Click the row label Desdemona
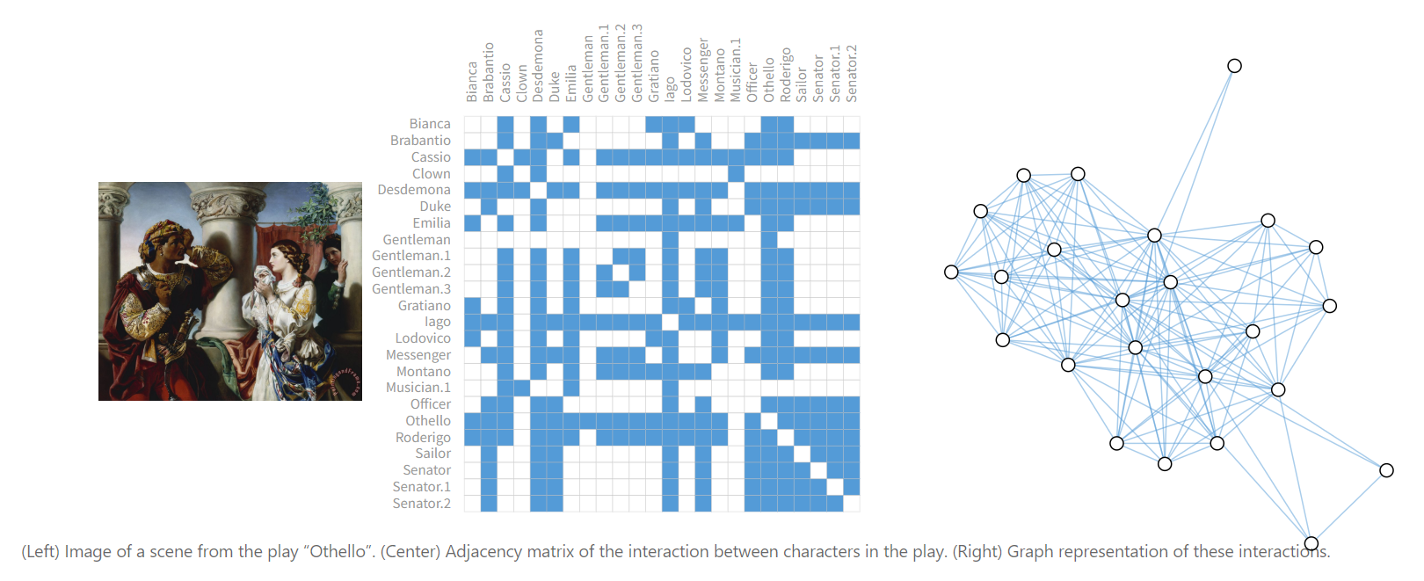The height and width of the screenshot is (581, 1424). tap(414, 190)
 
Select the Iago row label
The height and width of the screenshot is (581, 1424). tap(438, 322)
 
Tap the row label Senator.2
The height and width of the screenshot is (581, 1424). tap(421, 503)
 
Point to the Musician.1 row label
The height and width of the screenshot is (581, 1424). tap(418, 387)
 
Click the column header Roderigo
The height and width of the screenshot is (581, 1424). tap(786, 75)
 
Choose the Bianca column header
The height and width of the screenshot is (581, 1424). tap(471, 82)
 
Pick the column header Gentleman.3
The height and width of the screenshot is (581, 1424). tap(637, 63)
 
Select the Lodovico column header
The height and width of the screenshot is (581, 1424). tap(687, 75)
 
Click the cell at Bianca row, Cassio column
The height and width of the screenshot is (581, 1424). tap(505, 123)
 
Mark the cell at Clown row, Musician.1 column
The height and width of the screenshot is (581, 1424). tap(736, 173)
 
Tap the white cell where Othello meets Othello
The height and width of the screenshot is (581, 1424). tap(769, 421)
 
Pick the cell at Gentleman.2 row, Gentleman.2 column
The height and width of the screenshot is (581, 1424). tap(621, 272)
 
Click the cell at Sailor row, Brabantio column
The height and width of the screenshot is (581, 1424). tap(489, 454)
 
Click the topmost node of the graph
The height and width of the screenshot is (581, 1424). tap(1234, 66)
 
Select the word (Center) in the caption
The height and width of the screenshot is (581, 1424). tap(408, 551)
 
